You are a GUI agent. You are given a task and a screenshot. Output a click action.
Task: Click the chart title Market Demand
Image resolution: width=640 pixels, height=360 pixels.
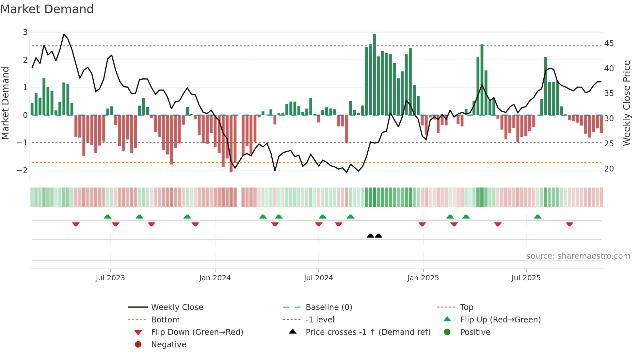pos(47,9)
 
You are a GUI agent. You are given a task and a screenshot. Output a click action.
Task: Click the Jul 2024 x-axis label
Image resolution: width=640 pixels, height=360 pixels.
pos(318,278)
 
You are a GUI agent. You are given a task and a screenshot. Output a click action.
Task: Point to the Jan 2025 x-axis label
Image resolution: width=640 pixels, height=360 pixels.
pos(423,278)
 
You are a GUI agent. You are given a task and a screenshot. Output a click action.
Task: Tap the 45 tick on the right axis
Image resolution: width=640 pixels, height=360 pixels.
pos(609,43)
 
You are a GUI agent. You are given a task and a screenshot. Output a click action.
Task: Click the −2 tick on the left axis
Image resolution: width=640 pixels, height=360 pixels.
pos(23,170)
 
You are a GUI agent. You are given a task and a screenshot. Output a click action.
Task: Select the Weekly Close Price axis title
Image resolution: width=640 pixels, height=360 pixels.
pos(626,103)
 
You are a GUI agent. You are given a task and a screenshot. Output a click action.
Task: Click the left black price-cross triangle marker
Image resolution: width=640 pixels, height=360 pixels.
pos(370,236)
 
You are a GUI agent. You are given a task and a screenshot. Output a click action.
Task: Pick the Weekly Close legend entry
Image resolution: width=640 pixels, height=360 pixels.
pos(177,307)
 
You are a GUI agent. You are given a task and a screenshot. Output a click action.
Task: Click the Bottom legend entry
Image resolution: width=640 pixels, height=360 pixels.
pos(165,320)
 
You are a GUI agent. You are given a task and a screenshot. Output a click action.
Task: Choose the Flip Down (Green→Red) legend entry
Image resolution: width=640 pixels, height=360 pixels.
pos(197,332)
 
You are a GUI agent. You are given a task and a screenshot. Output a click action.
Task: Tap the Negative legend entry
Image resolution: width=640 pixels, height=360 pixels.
pos(168,345)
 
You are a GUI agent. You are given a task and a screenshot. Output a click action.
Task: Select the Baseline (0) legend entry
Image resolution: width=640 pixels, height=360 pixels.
pos(328,307)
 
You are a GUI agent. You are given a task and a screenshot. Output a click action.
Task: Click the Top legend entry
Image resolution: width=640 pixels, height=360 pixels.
pos(466,307)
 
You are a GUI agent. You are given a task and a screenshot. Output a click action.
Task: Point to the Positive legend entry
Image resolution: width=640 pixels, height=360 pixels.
pos(475,332)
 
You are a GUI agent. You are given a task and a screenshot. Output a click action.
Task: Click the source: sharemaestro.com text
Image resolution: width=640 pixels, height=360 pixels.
pos(578,256)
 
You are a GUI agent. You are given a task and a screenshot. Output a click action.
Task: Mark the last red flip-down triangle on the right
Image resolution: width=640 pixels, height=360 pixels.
pos(569,224)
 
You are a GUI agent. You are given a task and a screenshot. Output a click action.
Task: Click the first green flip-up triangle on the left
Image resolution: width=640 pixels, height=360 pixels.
pos(107,216)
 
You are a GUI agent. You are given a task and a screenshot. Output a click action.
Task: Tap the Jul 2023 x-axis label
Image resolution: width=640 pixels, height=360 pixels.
pos(110,278)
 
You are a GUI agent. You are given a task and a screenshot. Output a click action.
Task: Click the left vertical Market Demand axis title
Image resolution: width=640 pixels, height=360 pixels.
pos(6,103)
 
